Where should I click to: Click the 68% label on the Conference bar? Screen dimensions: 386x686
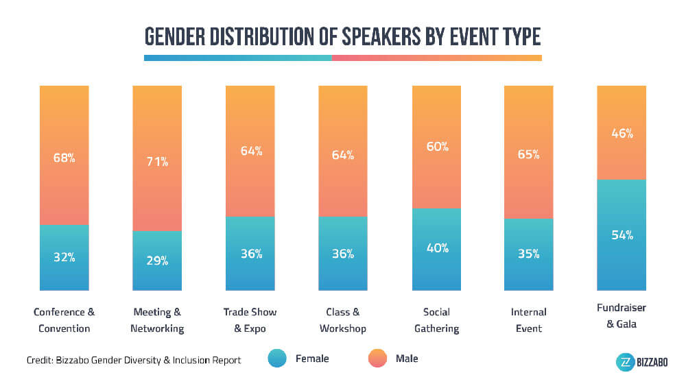[64, 158]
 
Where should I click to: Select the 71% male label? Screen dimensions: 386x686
[157, 162]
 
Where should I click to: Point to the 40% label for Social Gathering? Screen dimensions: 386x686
[437, 248]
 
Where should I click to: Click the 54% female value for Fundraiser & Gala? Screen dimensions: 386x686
[622, 235]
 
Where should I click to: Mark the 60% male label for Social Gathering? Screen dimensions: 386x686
[437, 146]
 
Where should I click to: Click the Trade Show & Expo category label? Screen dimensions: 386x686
[250, 320]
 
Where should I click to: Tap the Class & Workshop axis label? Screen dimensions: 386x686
[344, 320]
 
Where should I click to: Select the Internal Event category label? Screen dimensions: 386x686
[528, 320]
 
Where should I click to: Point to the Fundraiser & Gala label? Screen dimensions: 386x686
[622, 315]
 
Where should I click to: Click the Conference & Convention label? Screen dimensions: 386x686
[64, 320]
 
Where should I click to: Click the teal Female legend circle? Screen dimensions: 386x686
[276, 359]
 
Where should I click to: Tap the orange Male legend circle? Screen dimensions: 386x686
[377, 359]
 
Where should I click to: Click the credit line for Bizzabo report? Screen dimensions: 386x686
[134, 360]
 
